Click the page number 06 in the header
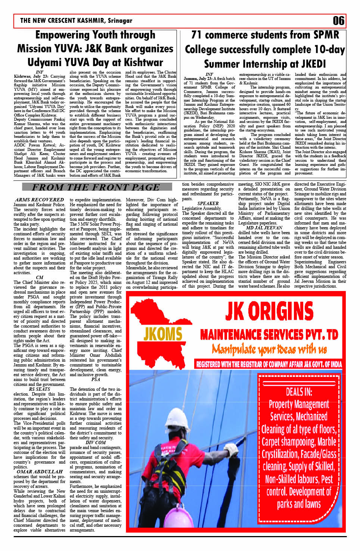[x=338, y=21]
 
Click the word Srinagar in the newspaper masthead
[x=120, y=21]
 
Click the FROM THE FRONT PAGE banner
[x=96, y=187]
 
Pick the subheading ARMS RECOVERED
[x=40, y=200]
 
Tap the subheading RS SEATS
[x=40, y=389]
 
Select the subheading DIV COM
[x=96, y=442]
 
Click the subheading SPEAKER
[x=208, y=204]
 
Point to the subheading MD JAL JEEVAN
[x=264, y=227]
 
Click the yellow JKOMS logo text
[x=163, y=334]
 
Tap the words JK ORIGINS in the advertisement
[x=269, y=311]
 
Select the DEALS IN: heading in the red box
[x=299, y=391]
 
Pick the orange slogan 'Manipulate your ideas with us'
[x=269, y=349]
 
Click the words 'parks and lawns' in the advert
[x=299, y=504]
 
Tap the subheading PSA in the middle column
[x=96, y=379]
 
